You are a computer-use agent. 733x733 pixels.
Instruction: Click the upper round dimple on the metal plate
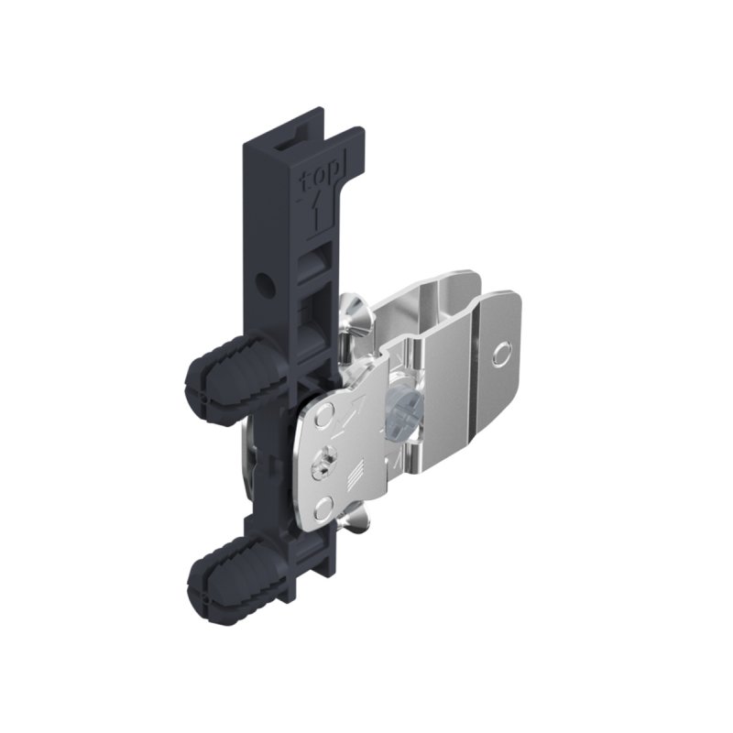coord(323,421)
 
